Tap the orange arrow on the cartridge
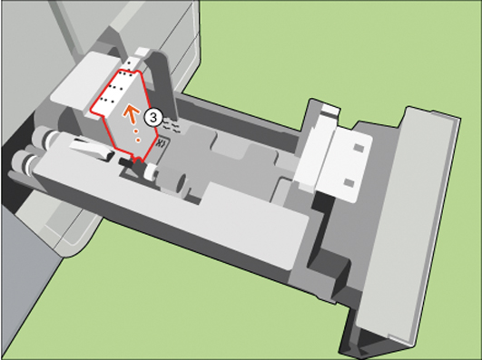click(x=132, y=114)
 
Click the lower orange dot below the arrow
click(x=138, y=140)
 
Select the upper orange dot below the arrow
click(x=134, y=131)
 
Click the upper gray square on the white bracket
click(x=359, y=148)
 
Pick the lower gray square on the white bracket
click(x=349, y=182)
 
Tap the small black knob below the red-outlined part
click(x=127, y=162)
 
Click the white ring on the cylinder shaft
click(x=151, y=171)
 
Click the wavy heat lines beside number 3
click(x=170, y=125)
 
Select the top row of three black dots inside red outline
click(x=125, y=73)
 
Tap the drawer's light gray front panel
click(x=408, y=224)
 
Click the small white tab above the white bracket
click(x=330, y=110)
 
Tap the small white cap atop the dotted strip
click(x=142, y=52)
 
